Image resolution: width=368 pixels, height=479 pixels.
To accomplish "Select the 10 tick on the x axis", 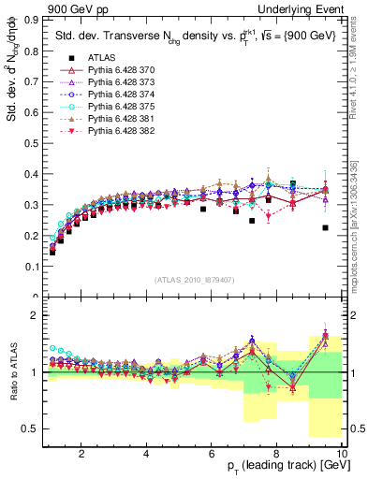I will [x=341, y=453].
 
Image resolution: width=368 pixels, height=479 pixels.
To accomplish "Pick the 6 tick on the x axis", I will [x=212, y=453].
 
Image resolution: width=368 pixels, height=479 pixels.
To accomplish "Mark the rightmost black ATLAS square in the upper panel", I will [x=325, y=227].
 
